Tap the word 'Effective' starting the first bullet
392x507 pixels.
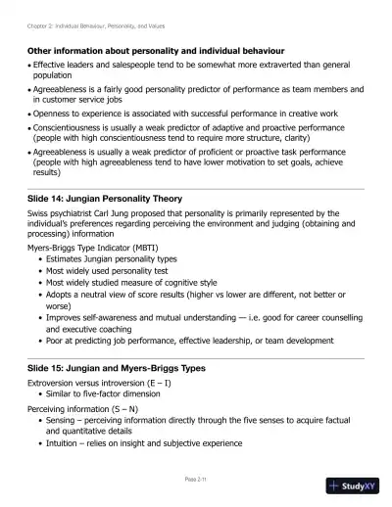click(54, 64)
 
